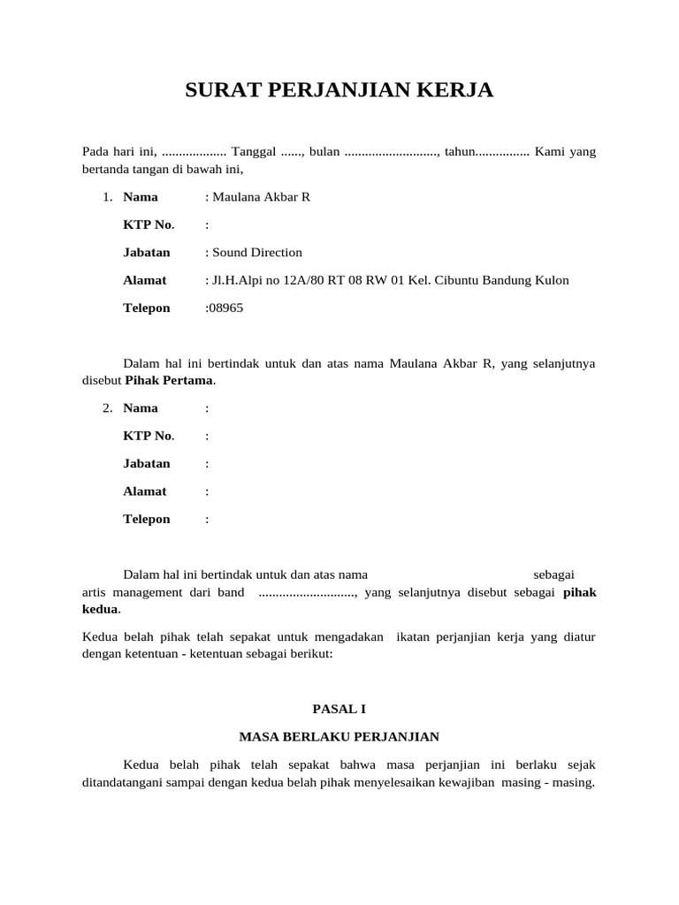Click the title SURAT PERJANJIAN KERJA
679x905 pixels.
(x=339, y=90)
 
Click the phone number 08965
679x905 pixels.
(x=225, y=308)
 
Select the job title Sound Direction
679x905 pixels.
(x=257, y=253)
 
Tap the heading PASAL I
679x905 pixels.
(x=339, y=708)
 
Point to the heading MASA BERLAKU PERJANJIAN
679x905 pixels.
(x=339, y=735)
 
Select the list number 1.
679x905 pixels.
(x=107, y=197)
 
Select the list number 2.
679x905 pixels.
(x=107, y=408)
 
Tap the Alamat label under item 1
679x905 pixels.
(x=145, y=280)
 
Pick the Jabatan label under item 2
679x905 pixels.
(x=147, y=463)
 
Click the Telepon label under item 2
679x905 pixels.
(x=147, y=519)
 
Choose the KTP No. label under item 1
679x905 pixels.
(x=149, y=224)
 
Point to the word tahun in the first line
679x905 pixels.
(x=460, y=152)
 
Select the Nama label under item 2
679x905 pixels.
(x=141, y=408)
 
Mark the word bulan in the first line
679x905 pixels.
(x=324, y=152)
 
